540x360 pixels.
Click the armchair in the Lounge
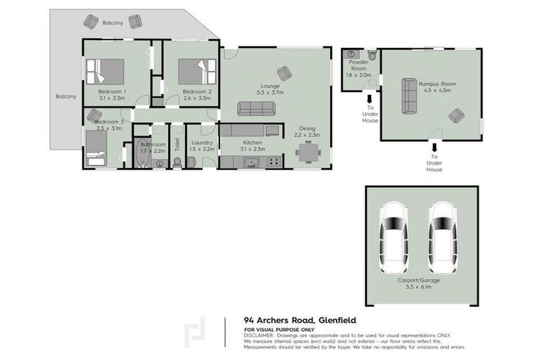click(x=284, y=72)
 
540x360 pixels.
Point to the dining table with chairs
click(x=307, y=152)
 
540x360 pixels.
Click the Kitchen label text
click(x=233, y=142)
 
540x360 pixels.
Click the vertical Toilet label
click(x=177, y=144)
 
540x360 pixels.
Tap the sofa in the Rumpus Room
click(x=407, y=96)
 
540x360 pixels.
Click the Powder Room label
click(x=359, y=66)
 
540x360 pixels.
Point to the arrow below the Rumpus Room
click(x=435, y=148)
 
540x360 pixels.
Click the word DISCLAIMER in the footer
click(x=259, y=335)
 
